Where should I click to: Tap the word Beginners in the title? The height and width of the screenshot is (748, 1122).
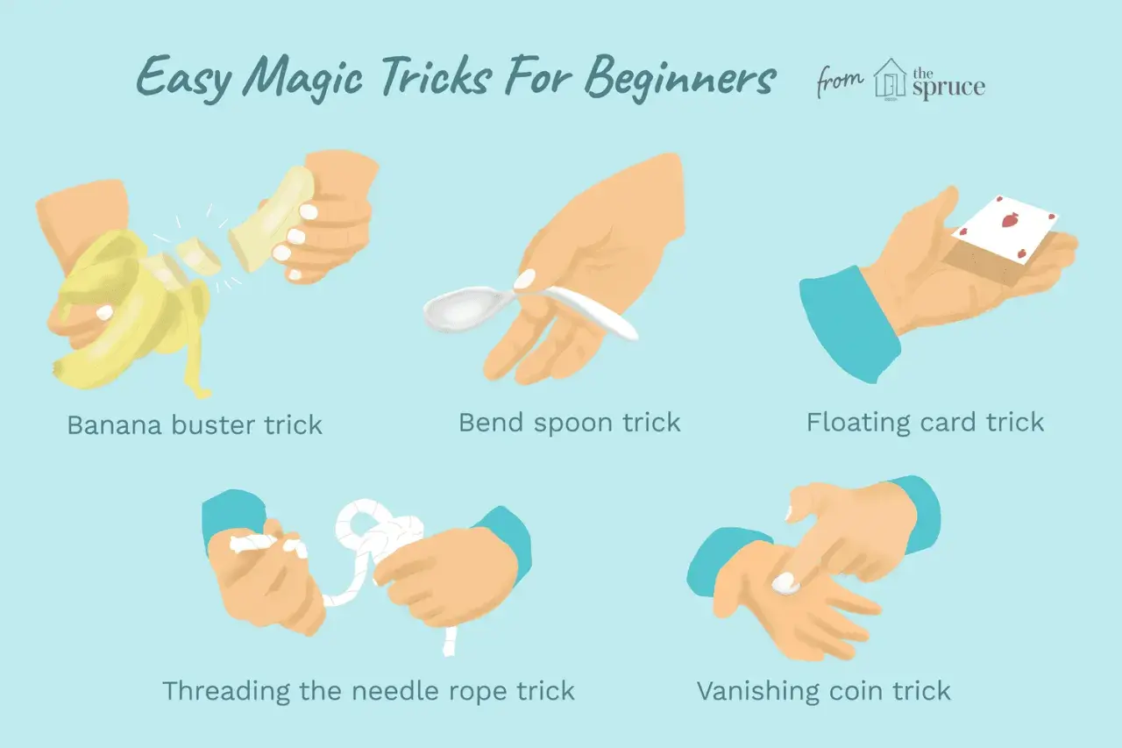[679, 79]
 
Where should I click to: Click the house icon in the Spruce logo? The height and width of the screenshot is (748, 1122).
[890, 79]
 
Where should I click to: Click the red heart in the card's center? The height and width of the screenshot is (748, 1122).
[1008, 220]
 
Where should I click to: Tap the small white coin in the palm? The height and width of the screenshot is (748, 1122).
[785, 583]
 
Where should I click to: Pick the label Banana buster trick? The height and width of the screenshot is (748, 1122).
[195, 425]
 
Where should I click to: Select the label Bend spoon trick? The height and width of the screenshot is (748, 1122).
[570, 424]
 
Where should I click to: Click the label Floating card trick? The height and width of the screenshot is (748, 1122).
[925, 423]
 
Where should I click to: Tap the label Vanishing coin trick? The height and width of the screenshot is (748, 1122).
[823, 691]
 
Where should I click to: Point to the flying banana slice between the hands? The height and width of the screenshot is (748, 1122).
[198, 257]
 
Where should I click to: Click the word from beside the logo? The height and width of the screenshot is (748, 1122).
[841, 82]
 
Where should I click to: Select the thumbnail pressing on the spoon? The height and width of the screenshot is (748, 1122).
[525, 279]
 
